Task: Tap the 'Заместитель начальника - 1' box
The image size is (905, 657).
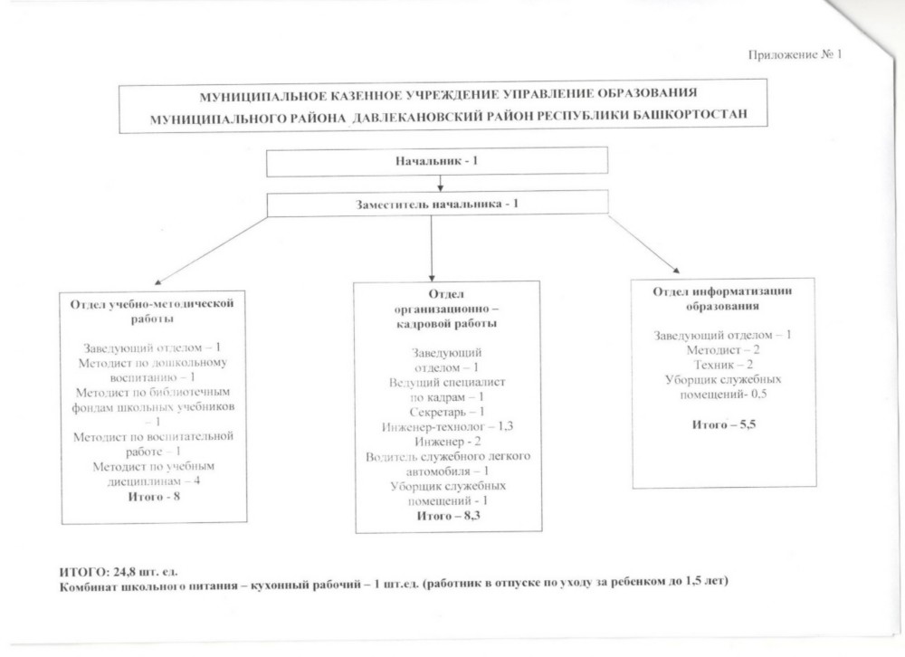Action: (x=437, y=204)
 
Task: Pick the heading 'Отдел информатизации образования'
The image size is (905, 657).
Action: (x=723, y=298)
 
